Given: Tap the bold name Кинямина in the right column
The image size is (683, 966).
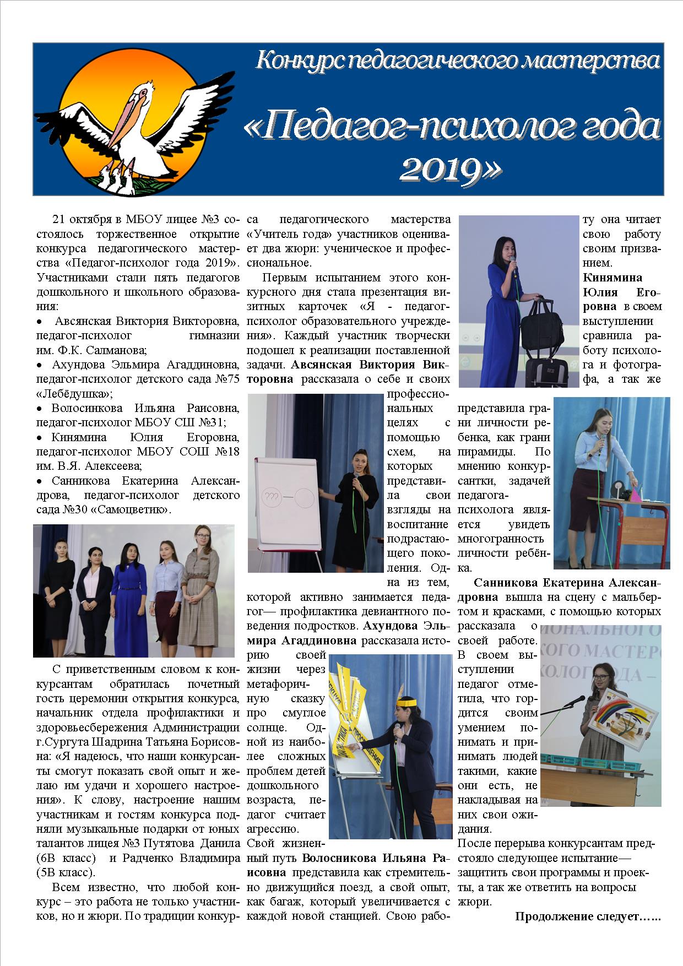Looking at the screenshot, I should pos(612,278).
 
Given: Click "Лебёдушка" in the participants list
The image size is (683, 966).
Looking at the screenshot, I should pos(72,394).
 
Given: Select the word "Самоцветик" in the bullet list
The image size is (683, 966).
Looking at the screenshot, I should pos(132,509).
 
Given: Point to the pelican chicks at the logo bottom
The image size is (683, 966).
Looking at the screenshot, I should pos(117,179).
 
